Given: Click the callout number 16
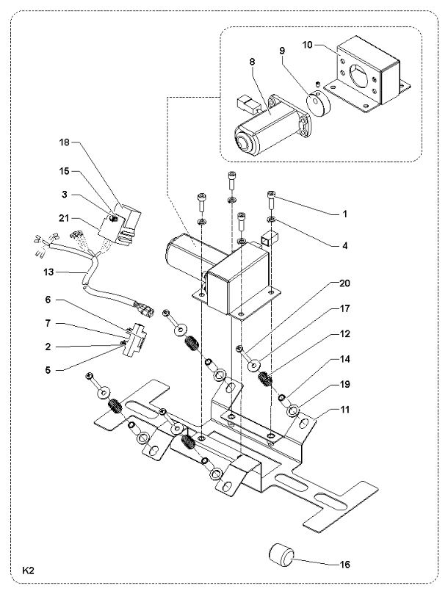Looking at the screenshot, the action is pyautogui.click(x=345, y=565).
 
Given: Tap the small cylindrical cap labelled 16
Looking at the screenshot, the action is pyautogui.click(x=281, y=554).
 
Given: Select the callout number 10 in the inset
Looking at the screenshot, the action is pyautogui.click(x=308, y=45).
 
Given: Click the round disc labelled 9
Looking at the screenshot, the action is pyautogui.click(x=317, y=104).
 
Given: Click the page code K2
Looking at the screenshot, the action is pyautogui.click(x=29, y=571).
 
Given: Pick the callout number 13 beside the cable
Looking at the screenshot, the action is pyautogui.click(x=49, y=272).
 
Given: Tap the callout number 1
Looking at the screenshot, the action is pyautogui.click(x=345, y=214).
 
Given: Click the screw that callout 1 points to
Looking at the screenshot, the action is pyautogui.click(x=272, y=200).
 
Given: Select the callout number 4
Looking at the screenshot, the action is pyautogui.click(x=345, y=246).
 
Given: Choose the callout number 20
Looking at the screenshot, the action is pyautogui.click(x=345, y=283).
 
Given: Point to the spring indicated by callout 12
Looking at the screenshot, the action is pyautogui.click(x=264, y=379).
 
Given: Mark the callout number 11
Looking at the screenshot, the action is pyautogui.click(x=345, y=410).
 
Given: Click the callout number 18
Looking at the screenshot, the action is pyautogui.click(x=65, y=142).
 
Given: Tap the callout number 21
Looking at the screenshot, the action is pyautogui.click(x=65, y=219).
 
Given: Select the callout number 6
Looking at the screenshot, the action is pyautogui.click(x=48, y=300).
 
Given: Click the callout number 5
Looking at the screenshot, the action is pyautogui.click(x=48, y=370).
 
